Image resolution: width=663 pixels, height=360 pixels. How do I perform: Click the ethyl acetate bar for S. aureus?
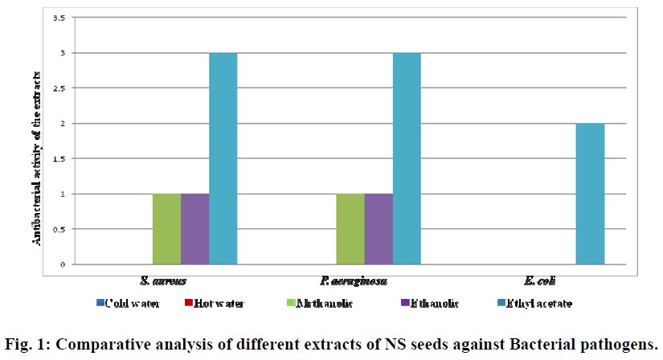(x=223, y=158)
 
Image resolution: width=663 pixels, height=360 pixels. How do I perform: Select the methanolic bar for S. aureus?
(x=166, y=229)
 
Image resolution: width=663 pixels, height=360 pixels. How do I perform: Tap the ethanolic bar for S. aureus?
(x=194, y=229)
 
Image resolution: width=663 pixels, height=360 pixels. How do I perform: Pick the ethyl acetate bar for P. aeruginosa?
(x=407, y=158)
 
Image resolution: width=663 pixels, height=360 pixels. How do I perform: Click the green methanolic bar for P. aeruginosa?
(x=350, y=229)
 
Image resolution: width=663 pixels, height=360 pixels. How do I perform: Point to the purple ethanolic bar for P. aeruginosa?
(x=379, y=229)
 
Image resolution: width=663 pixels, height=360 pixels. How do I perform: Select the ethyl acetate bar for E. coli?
(x=590, y=194)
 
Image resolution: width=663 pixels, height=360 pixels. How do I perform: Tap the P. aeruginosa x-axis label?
(x=350, y=281)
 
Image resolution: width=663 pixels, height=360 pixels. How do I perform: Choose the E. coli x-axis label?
(x=534, y=281)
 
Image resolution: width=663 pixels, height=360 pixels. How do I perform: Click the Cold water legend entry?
(x=133, y=303)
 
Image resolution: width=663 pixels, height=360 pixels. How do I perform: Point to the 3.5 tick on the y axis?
(x=60, y=18)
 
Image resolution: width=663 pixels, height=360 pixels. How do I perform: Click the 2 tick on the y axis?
(x=64, y=123)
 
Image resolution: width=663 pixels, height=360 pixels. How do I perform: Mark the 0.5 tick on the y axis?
(x=60, y=229)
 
